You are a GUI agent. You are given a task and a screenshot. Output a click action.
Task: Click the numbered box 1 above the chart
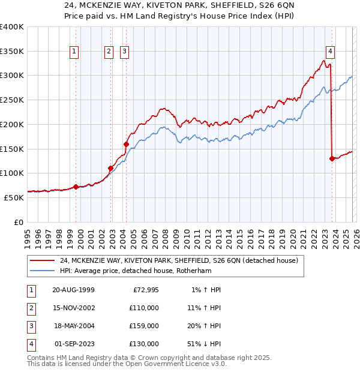point(74,52)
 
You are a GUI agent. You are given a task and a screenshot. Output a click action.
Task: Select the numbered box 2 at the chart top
point(109,52)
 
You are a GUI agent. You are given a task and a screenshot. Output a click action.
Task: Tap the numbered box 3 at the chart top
point(124,52)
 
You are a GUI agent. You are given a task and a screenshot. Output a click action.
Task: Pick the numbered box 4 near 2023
point(330,52)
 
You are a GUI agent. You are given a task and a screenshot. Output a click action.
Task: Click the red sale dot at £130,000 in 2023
point(332,158)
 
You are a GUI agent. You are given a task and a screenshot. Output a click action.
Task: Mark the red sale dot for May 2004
point(126,144)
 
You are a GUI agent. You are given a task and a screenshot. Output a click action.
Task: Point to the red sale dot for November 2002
point(111,168)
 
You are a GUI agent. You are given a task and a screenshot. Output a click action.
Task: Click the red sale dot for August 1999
point(76,186)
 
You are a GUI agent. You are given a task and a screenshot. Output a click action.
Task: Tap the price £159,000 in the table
point(144,326)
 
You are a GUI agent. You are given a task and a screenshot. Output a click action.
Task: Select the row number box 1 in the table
point(31,289)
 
